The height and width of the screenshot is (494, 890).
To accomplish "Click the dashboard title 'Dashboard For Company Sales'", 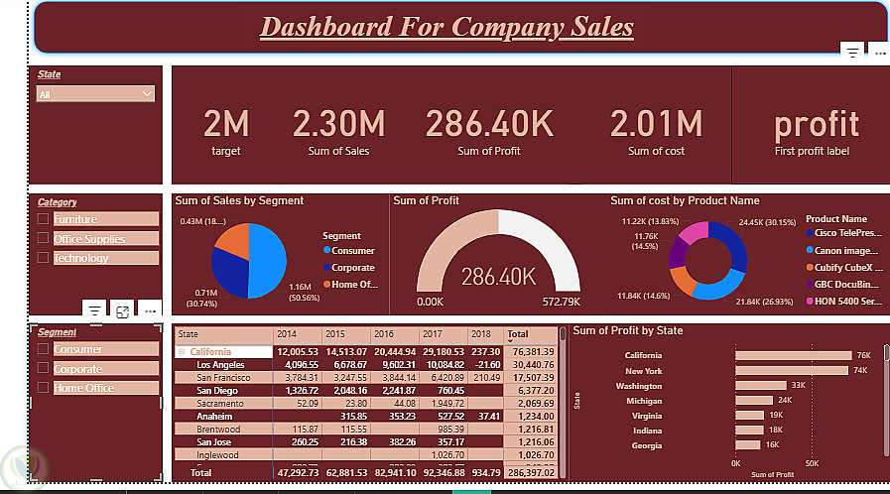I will tap(446, 27).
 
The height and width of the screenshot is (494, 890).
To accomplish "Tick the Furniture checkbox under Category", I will tap(43, 219).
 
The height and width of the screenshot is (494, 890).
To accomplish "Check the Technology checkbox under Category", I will tap(43, 258).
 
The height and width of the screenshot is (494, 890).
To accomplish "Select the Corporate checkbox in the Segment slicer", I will tap(43, 369).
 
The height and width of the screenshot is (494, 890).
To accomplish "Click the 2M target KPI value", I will tap(226, 124).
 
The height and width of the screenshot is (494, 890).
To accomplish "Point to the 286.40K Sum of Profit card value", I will tap(489, 124).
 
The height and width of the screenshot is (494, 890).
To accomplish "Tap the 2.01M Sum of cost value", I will tap(656, 124).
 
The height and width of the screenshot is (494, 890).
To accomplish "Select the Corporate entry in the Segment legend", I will tap(352, 268).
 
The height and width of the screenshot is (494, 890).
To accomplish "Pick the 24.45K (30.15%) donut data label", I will tap(763, 223).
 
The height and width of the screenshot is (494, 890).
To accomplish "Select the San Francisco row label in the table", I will tap(224, 378).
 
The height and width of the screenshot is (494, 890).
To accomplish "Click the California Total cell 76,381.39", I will tap(533, 352).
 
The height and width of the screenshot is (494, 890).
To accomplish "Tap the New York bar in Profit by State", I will tap(791, 370).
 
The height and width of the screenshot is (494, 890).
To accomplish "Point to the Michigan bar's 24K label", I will tap(785, 400).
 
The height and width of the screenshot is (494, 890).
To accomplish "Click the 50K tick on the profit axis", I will tap(811, 463).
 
